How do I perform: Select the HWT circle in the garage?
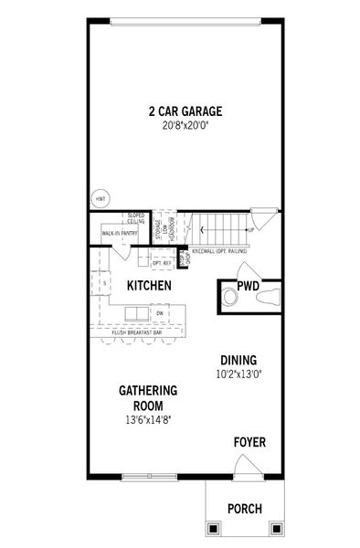coord(100,199)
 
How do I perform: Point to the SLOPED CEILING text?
coord(136,219)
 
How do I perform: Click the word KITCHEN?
coord(149,286)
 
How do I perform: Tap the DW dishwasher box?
coord(159,313)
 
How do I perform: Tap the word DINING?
coord(238,360)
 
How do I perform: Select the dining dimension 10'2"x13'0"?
coord(238,374)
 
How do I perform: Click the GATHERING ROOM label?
coord(147,397)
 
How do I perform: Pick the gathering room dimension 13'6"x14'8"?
coord(147,420)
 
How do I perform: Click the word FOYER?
coord(249,443)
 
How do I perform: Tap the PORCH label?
coord(244,509)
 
